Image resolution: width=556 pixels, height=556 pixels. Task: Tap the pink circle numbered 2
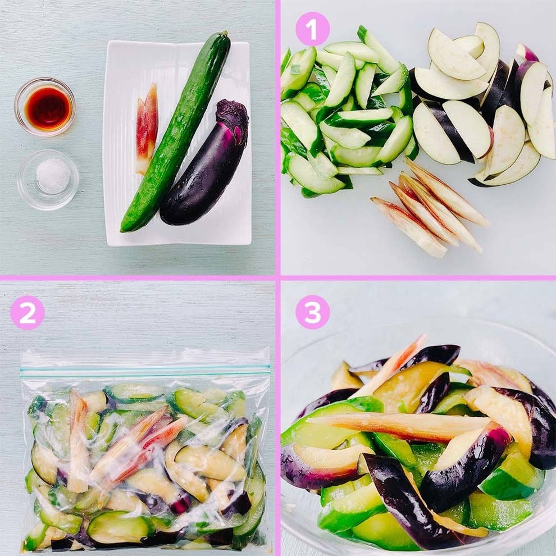(27, 312)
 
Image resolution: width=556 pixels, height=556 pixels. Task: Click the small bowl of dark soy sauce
(44, 107)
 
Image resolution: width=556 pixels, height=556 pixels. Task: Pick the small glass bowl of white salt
(48, 179)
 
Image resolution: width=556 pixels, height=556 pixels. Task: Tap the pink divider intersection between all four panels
(278, 278)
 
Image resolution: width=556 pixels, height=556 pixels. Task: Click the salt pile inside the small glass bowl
(53, 175)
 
